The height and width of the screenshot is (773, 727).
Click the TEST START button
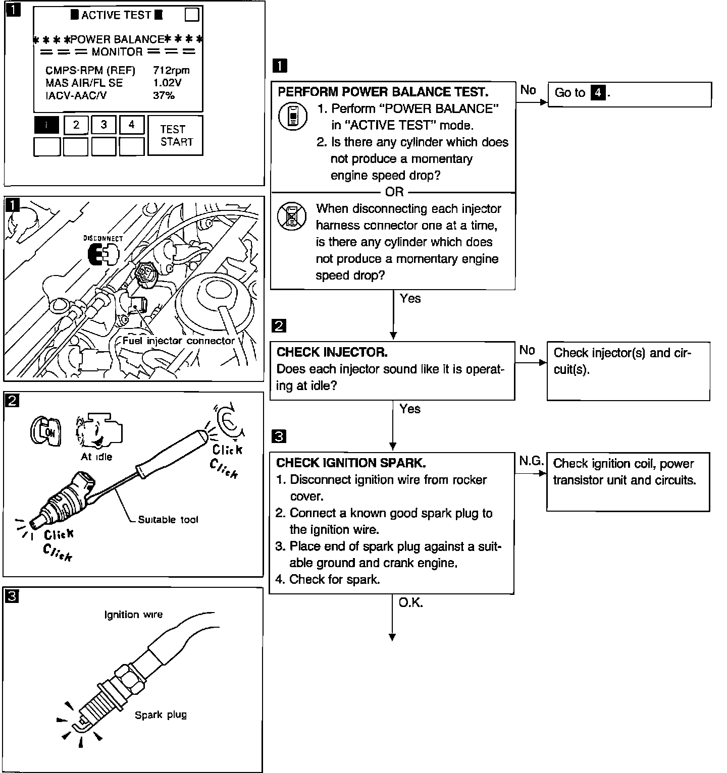[176, 135]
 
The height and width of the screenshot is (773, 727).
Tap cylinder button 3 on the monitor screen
[104, 125]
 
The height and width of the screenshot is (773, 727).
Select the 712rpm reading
[171, 70]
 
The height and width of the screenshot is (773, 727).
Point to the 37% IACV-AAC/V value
[164, 95]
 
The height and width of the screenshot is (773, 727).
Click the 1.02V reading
[167, 83]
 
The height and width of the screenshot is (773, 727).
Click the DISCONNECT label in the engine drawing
[103, 238]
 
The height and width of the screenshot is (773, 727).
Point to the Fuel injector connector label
[179, 341]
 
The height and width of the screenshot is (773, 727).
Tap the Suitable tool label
[168, 520]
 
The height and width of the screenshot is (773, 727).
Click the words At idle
[96, 457]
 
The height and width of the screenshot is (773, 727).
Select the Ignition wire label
[133, 615]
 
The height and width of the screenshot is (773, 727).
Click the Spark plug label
[161, 714]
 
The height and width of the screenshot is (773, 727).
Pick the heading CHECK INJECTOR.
[332, 352]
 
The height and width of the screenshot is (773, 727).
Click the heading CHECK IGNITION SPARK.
[351, 463]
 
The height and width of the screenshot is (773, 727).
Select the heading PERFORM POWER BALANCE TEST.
[383, 92]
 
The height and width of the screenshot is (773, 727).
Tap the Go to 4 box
[629, 94]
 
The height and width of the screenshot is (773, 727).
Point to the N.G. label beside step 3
[531, 460]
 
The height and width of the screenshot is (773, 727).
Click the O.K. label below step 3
[410, 602]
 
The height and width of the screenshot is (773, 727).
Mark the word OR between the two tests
[394, 192]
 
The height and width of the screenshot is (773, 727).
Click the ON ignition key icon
[45, 432]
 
